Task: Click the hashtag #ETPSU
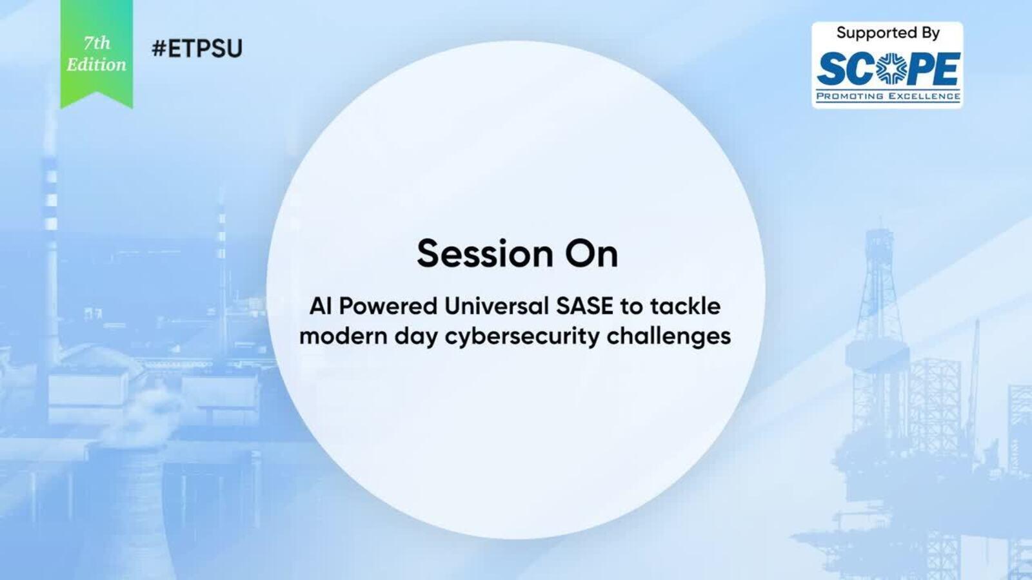[197, 48]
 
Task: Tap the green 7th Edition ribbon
[97, 53]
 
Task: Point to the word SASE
[584, 306]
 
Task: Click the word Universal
[497, 306]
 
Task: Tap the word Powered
[388, 306]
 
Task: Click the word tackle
[685, 306]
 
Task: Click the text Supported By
[888, 33]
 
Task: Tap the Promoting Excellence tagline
[888, 96]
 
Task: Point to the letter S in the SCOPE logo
[832, 69]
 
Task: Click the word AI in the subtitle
[321, 306]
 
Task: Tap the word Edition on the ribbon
[96, 65]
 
